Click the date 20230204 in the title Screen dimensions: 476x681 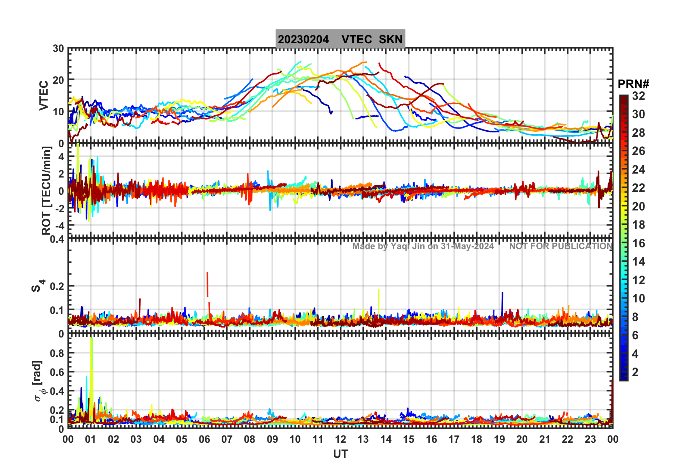(x=303, y=39)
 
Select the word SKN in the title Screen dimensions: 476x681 (x=391, y=39)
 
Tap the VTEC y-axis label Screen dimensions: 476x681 (x=44, y=95)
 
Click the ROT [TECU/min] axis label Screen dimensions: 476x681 (x=46, y=190)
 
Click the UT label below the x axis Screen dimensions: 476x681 (x=340, y=454)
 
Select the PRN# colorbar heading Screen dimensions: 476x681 (x=633, y=84)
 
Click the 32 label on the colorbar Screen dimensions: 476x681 (x=638, y=96)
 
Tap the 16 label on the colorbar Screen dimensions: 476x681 (x=638, y=243)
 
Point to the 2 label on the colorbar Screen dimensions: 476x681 (x=635, y=372)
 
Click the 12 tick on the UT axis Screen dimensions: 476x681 (x=340, y=439)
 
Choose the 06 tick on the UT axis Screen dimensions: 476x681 (x=204, y=439)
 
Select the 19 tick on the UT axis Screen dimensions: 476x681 (x=499, y=439)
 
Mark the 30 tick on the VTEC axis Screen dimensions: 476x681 (x=58, y=49)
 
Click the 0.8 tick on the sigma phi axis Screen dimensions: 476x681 (x=57, y=353)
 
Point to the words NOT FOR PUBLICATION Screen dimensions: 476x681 (x=561, y=246)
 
